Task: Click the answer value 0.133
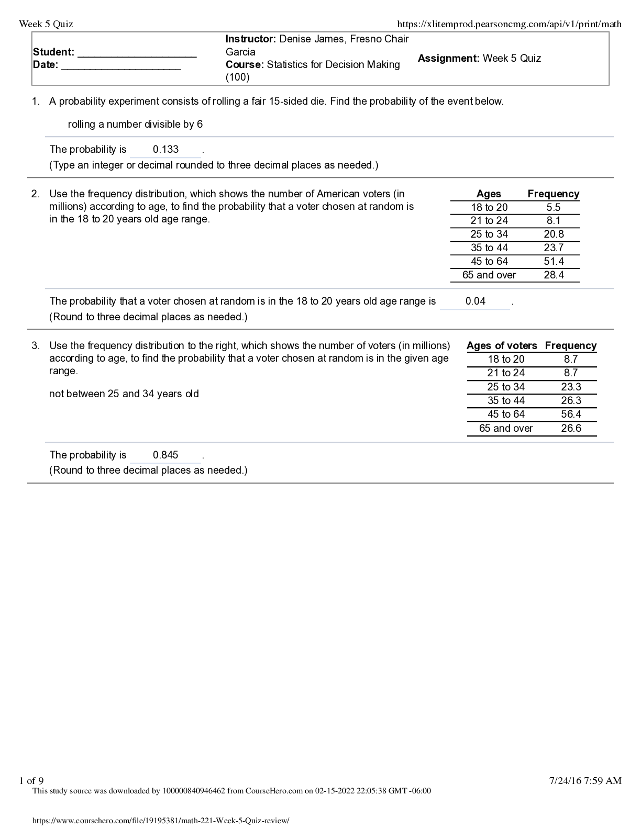point(165,150)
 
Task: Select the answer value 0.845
point(165,455)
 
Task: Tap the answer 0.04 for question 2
point(475,301)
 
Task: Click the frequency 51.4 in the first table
point(554,262)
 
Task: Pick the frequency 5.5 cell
point(554,208)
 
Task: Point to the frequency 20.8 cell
point(554,234)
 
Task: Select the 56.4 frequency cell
point(571,414)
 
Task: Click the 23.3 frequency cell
point(571,387)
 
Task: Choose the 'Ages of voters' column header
point(502,346)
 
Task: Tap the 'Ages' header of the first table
point(489,194)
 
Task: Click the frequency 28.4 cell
point(554,275)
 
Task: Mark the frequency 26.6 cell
point(571,429)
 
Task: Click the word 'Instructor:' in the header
point(250,39)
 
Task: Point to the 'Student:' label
point(53,52)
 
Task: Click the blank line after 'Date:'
point(121,66)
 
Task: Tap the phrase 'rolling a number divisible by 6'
point(135,125)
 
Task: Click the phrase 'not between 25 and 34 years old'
point(124,394)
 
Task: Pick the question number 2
point(35,194)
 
